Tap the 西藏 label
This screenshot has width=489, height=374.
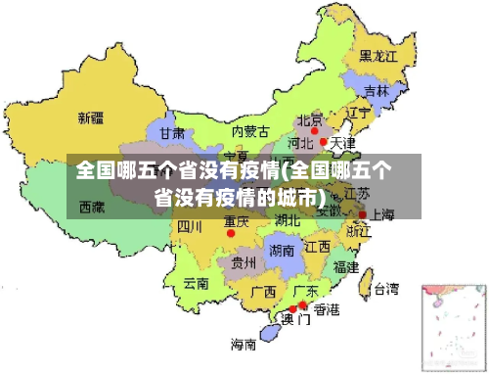point(93,207)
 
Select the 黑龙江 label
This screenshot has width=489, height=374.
point(378,56)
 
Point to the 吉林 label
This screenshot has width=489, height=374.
point(376,91)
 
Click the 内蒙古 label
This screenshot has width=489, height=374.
point(250,131)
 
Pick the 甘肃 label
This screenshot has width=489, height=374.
point(172,132)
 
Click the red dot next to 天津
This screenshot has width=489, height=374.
point(324,142)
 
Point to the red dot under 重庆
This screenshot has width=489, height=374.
point(231,233)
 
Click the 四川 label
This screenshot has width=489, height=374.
point(189,226)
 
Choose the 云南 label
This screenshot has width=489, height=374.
point(197,284)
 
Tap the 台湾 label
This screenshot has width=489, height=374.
point(385,289)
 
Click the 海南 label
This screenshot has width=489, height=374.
point(244,344)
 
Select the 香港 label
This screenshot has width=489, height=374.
point(326,310)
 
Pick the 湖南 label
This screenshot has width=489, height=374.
point(281,250)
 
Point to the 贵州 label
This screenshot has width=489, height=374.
point(243,262)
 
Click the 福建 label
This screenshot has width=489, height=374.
point(345,266)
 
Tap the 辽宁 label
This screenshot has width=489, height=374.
point(359,114)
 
